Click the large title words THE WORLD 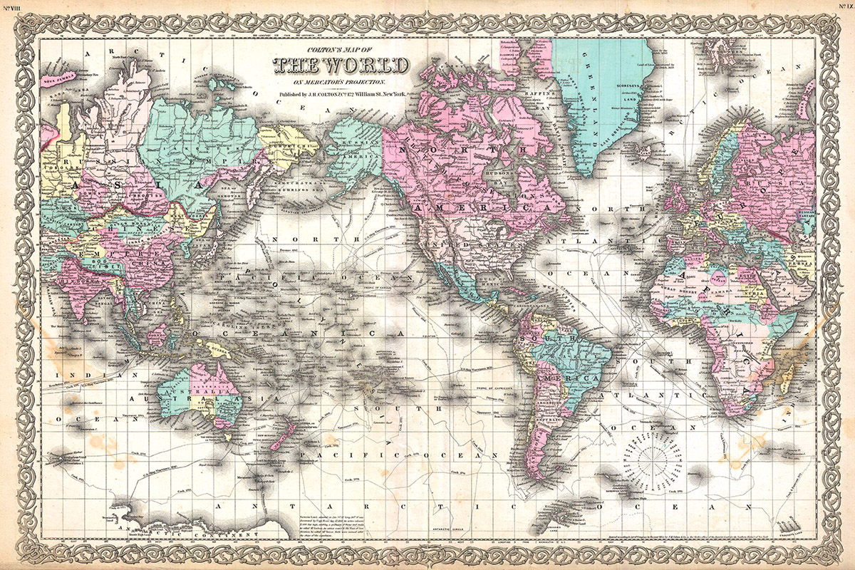point(341,66)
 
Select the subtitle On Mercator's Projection point(341,81)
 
